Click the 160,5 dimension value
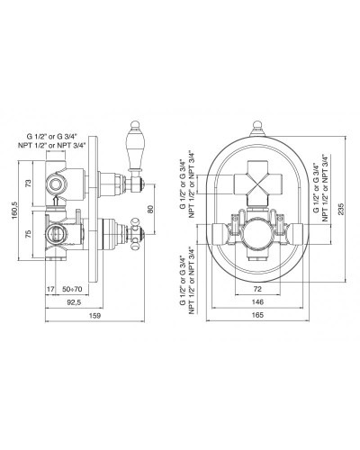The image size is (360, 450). pos(15,211)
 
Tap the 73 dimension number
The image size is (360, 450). pos(28,183)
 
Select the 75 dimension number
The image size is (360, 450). pos(28,234)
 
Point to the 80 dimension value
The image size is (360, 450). pos(150,209)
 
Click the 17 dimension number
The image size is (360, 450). pos(50,289)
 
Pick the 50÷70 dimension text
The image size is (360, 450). pos(72,289)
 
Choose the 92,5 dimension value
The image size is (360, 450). pos(74,302)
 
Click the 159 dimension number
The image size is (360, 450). pos(95,315)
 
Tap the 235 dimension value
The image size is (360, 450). pos(341,209)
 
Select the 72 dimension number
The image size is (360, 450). pos(257,289)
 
